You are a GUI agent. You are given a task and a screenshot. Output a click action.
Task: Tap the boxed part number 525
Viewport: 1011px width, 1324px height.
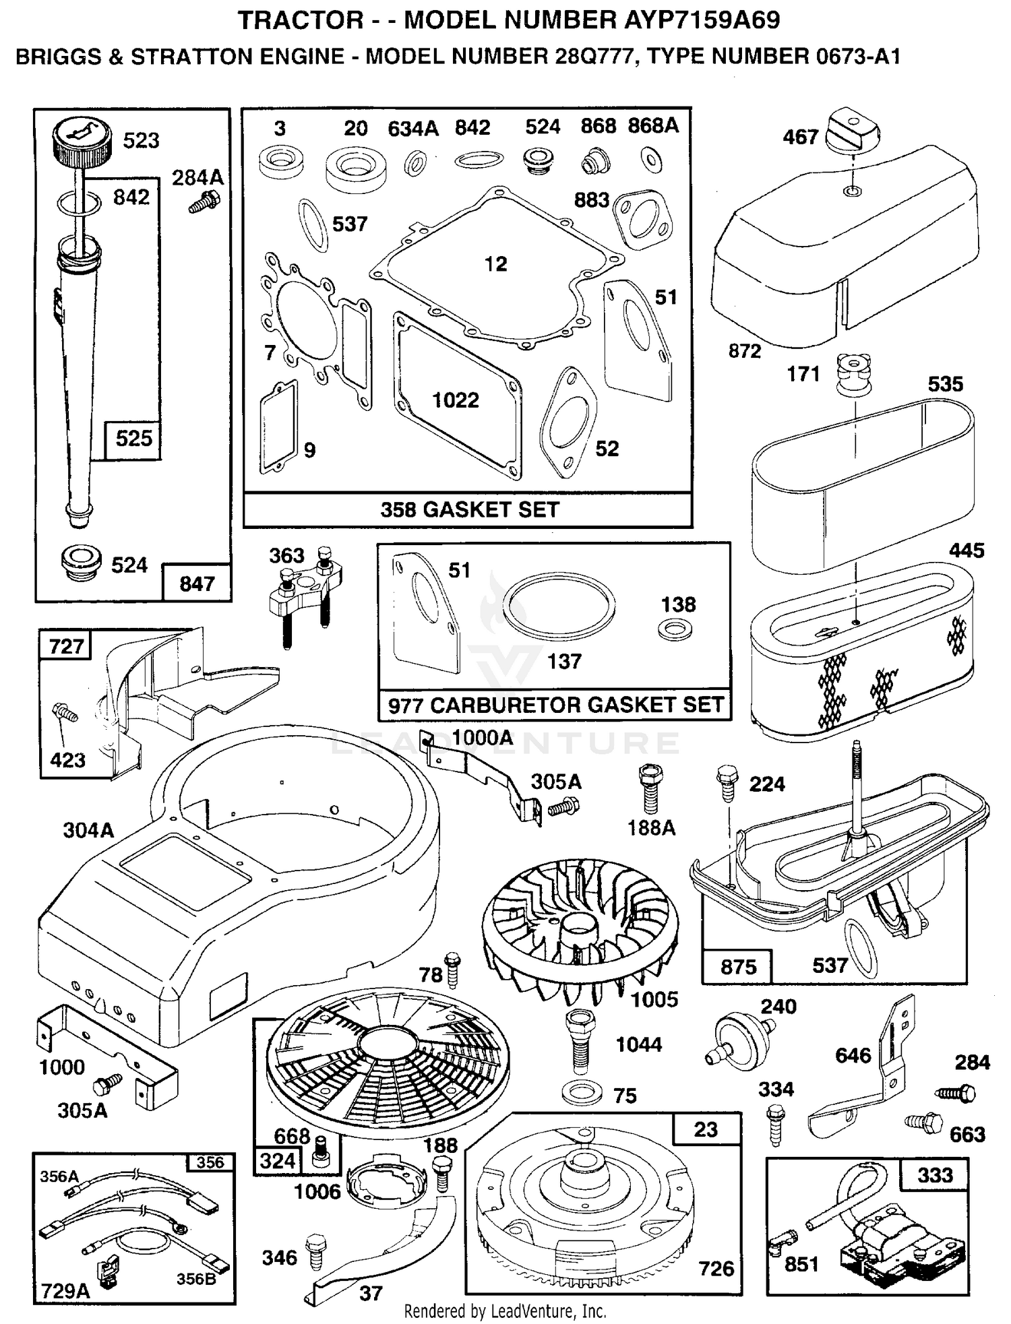[x=133, y=439]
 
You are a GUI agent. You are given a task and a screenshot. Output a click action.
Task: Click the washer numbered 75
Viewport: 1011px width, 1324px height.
[x=581, y=1094]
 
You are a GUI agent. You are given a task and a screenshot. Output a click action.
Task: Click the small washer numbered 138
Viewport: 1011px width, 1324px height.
[x=675, y=631]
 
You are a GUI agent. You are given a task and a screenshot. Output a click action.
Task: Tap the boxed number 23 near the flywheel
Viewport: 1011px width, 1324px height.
[x=706, y=1129]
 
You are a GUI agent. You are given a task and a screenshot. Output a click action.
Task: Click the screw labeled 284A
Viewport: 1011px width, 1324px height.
[x=204, y=201]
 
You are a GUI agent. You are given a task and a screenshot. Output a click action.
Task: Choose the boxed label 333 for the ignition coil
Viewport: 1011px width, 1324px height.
[x=935, y=1175]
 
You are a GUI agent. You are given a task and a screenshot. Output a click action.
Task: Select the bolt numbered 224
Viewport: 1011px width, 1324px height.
[x=727, y=783]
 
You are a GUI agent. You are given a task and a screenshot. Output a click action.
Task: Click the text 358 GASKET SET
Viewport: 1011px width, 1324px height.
[x=470, y=509]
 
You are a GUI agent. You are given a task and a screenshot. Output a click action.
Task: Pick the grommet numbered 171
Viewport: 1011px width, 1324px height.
[x=853, y=375]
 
